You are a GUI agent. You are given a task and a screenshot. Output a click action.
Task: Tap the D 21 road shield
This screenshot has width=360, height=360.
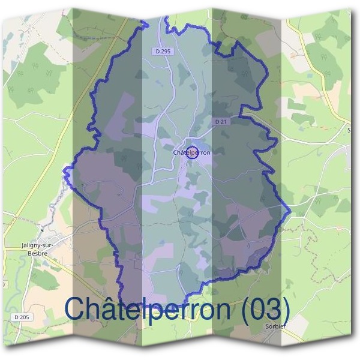pyautogui.click(x=221, y=121)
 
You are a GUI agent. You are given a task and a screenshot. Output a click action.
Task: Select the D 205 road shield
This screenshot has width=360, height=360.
pyautogui.click(x=21, y=317)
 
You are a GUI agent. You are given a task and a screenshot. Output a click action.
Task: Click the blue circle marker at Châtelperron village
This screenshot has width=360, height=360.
pyautogui.click(x=192, y=152)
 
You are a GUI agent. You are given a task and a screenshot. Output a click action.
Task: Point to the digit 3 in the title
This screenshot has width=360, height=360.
pyautogui.click(x=271, y=309)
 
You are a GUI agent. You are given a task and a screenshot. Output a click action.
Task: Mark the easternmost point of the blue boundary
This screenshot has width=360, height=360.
pyautogui.click(x=290, y=211)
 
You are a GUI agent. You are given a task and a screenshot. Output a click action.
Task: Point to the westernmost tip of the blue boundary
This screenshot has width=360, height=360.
pyautogui.click(x=64, y=170)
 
